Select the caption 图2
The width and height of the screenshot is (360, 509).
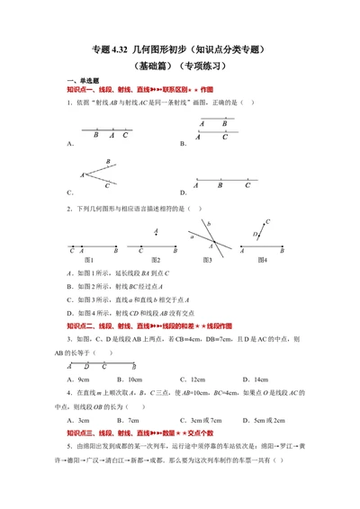[x=154, y=260]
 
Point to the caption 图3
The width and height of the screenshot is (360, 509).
[x=207, y=260]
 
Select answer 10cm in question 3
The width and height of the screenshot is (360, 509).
[x=136, y=381]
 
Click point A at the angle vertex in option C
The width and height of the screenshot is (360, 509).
[x=82, y=174]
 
